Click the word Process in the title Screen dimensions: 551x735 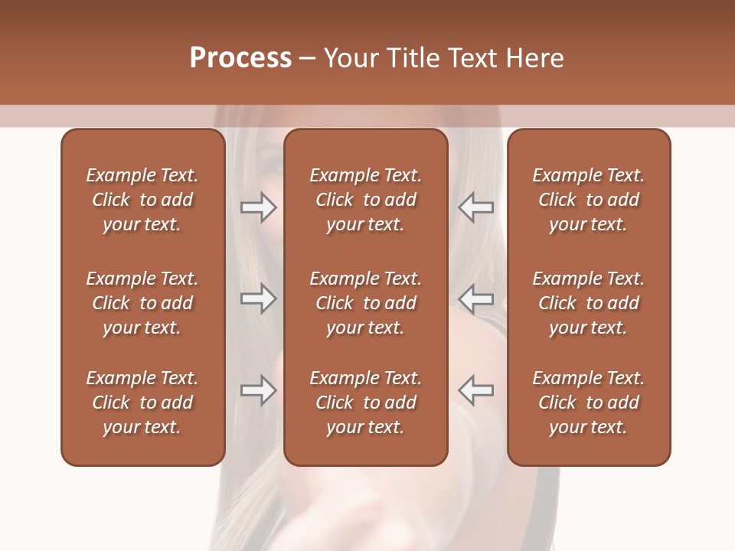coord(240,58)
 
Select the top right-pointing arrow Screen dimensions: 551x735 coord(258,207)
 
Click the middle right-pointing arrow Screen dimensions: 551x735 coord(258,298)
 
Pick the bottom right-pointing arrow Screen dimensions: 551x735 coord(258,390)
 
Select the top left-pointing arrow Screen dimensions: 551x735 coord(476,207)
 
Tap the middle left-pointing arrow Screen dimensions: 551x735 coord(476,298)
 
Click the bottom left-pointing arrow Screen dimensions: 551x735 coord(476,390)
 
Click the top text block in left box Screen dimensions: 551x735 coord(142,200)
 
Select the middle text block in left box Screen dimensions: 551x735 coord(142,303)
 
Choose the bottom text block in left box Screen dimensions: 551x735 coord(142,403)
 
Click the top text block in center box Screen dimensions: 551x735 coord(365,200)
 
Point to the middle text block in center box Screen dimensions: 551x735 coord(365,303)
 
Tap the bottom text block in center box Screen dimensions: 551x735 coord(365,403)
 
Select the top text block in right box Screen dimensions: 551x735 coord(588,200)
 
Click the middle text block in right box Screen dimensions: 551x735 coord(588,303)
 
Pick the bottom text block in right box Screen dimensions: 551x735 coord(588,403)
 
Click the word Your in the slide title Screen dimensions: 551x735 coord(350,58)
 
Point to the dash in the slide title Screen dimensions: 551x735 coord(307,59)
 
